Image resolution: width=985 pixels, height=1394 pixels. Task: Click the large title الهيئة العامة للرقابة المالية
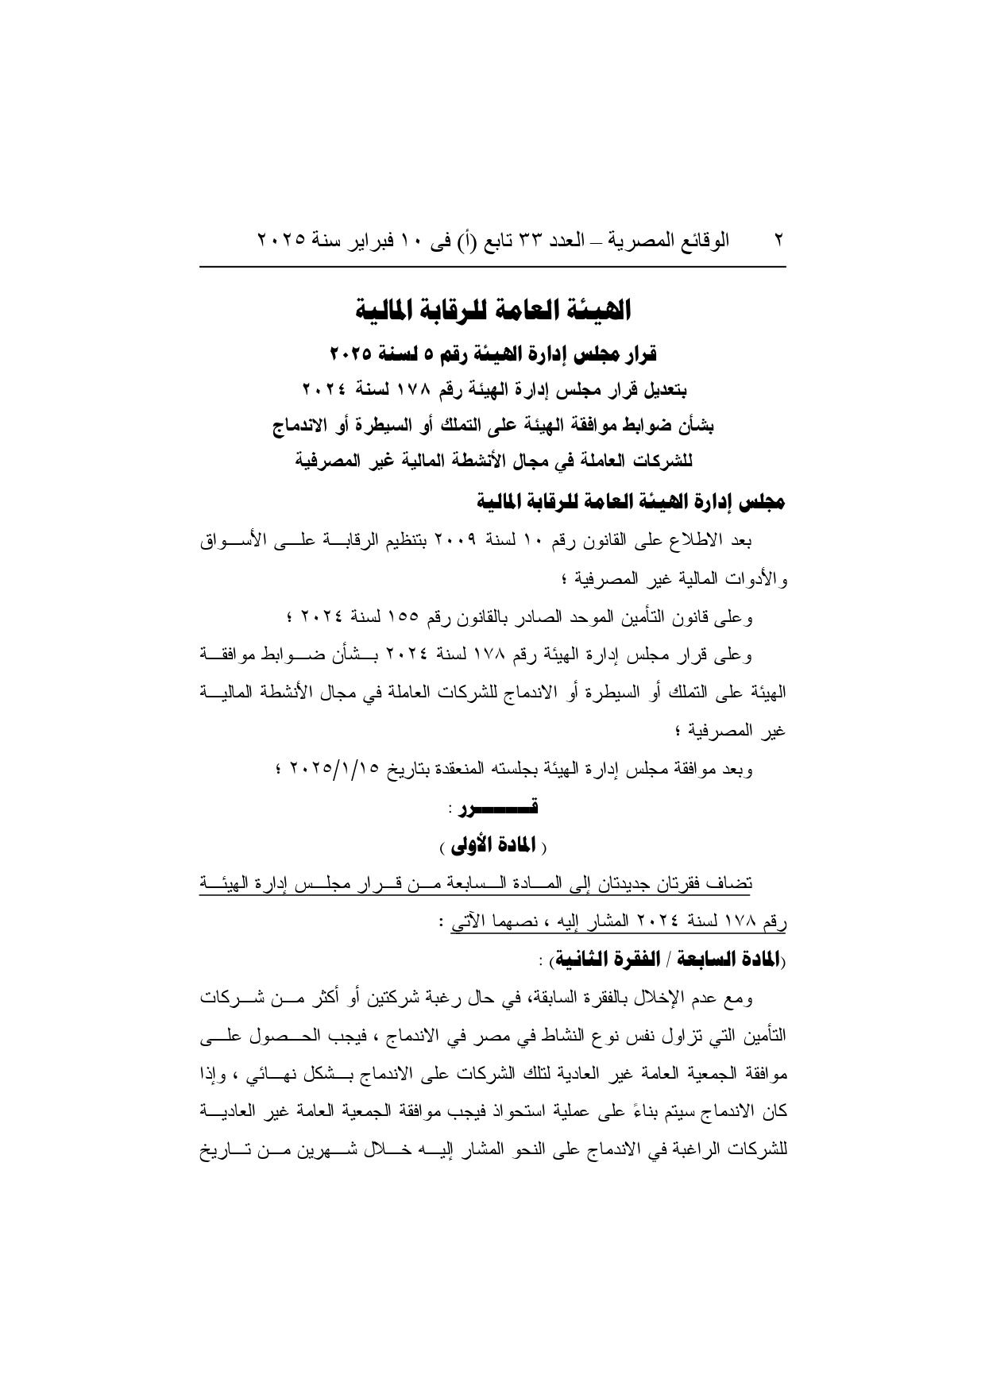point(492,310)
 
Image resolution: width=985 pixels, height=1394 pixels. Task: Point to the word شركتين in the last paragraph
point(446,998)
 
